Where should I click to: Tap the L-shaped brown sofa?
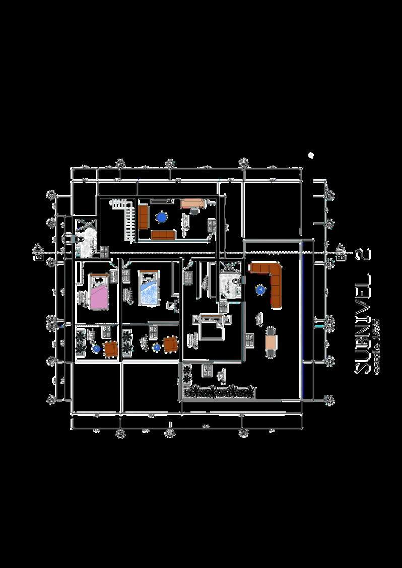(272, 282)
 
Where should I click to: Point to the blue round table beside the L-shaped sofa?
(260, 290)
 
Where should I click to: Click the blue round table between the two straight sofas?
(161, 217)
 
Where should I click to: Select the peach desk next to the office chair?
(191, 203)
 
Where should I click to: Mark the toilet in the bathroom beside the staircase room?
(70, 237)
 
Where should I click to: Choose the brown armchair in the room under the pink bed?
(110, 348)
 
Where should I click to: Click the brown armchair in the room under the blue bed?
(170, 345)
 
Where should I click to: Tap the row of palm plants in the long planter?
(218, 391)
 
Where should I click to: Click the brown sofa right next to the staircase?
(143, 217)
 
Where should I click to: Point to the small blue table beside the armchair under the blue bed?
(156, 347)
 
